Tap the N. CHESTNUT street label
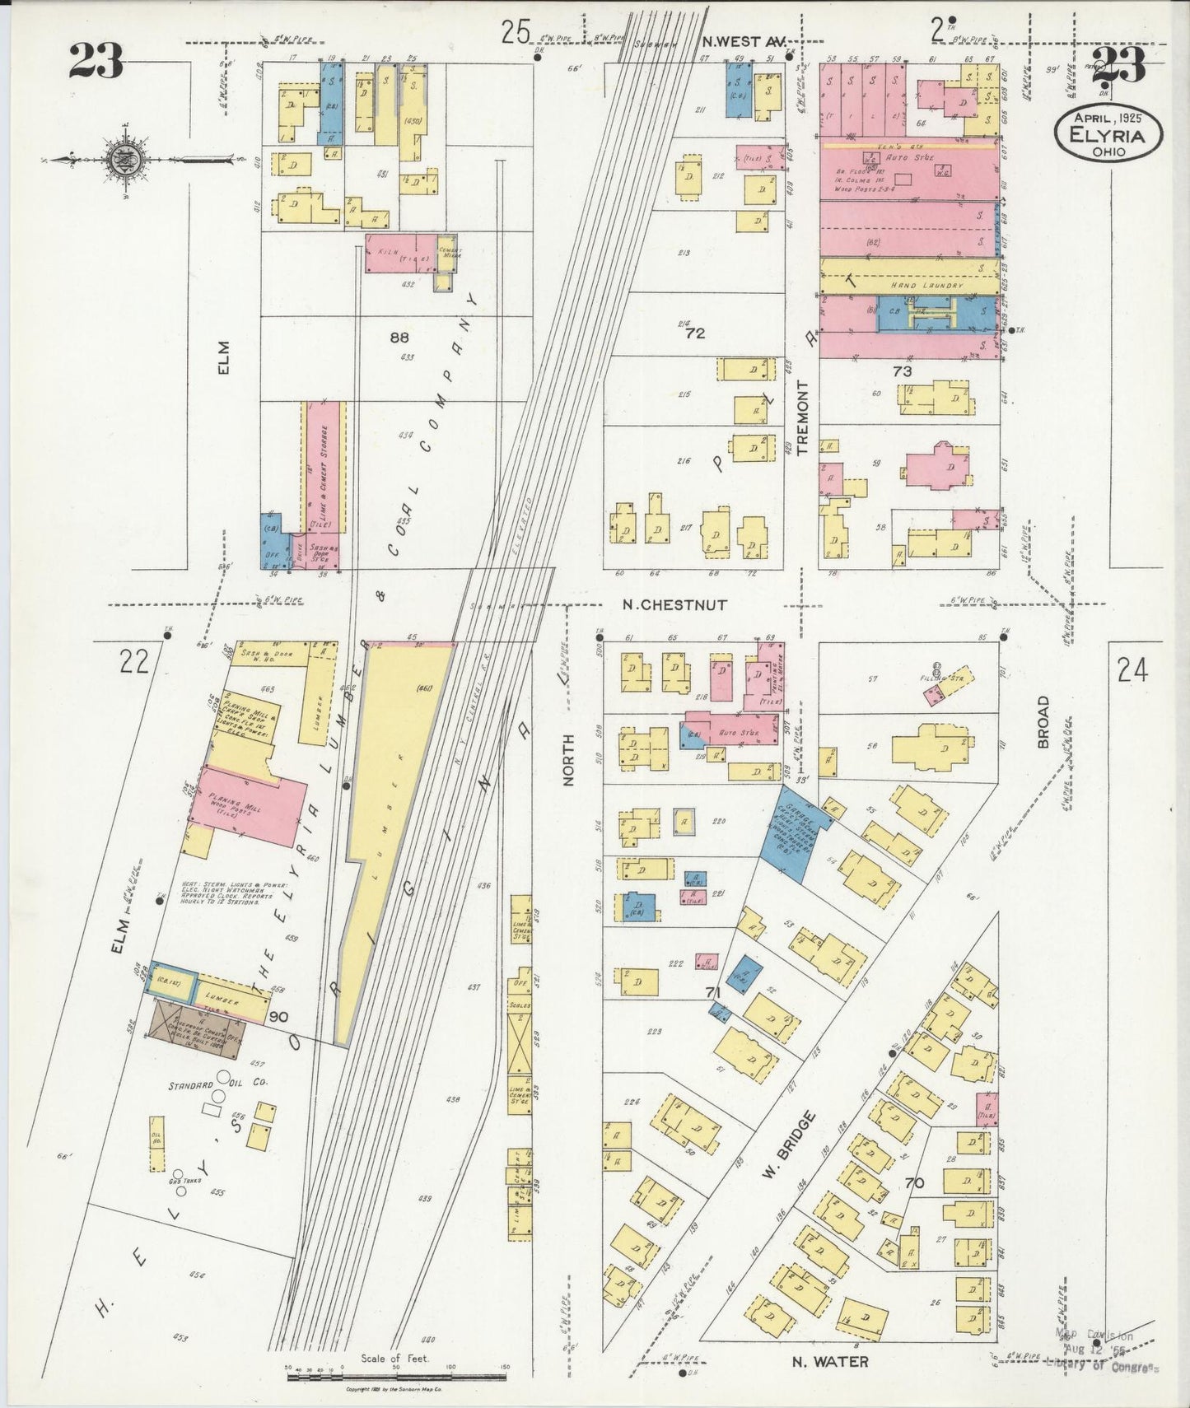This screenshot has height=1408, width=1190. (x=674, y=604)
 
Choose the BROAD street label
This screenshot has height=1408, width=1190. (x=1044, y=722)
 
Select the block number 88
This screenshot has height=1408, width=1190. (x=399, y=337)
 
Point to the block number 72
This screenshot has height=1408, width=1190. (x=694, y=333)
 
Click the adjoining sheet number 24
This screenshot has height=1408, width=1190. (x=1132, y=672)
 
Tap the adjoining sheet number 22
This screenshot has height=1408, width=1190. (x=133, y=660)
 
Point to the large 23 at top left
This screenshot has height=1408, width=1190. (x=96, y=60)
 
